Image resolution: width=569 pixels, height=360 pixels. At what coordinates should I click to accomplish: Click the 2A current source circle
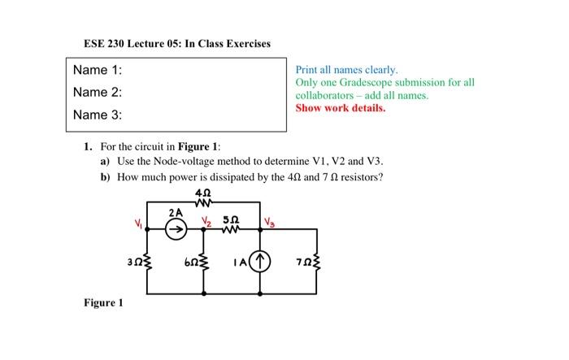click(175, 231)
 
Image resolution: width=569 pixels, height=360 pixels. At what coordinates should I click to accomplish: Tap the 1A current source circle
click(260, 262)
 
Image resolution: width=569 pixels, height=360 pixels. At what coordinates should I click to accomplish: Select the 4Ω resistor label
click(203, 193)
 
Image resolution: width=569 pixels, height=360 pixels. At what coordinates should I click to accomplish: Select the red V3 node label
click(269, 221)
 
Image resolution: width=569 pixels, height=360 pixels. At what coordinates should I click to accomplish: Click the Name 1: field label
click(97, 70)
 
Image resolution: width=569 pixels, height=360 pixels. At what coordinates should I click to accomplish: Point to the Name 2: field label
click(97, 92)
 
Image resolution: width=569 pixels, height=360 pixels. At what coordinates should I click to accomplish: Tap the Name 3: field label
click(97, 115)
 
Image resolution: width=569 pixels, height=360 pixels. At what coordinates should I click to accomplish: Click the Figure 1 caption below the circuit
click(103, 303)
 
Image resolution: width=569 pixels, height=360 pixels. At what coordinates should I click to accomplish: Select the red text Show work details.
click(341, 107)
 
